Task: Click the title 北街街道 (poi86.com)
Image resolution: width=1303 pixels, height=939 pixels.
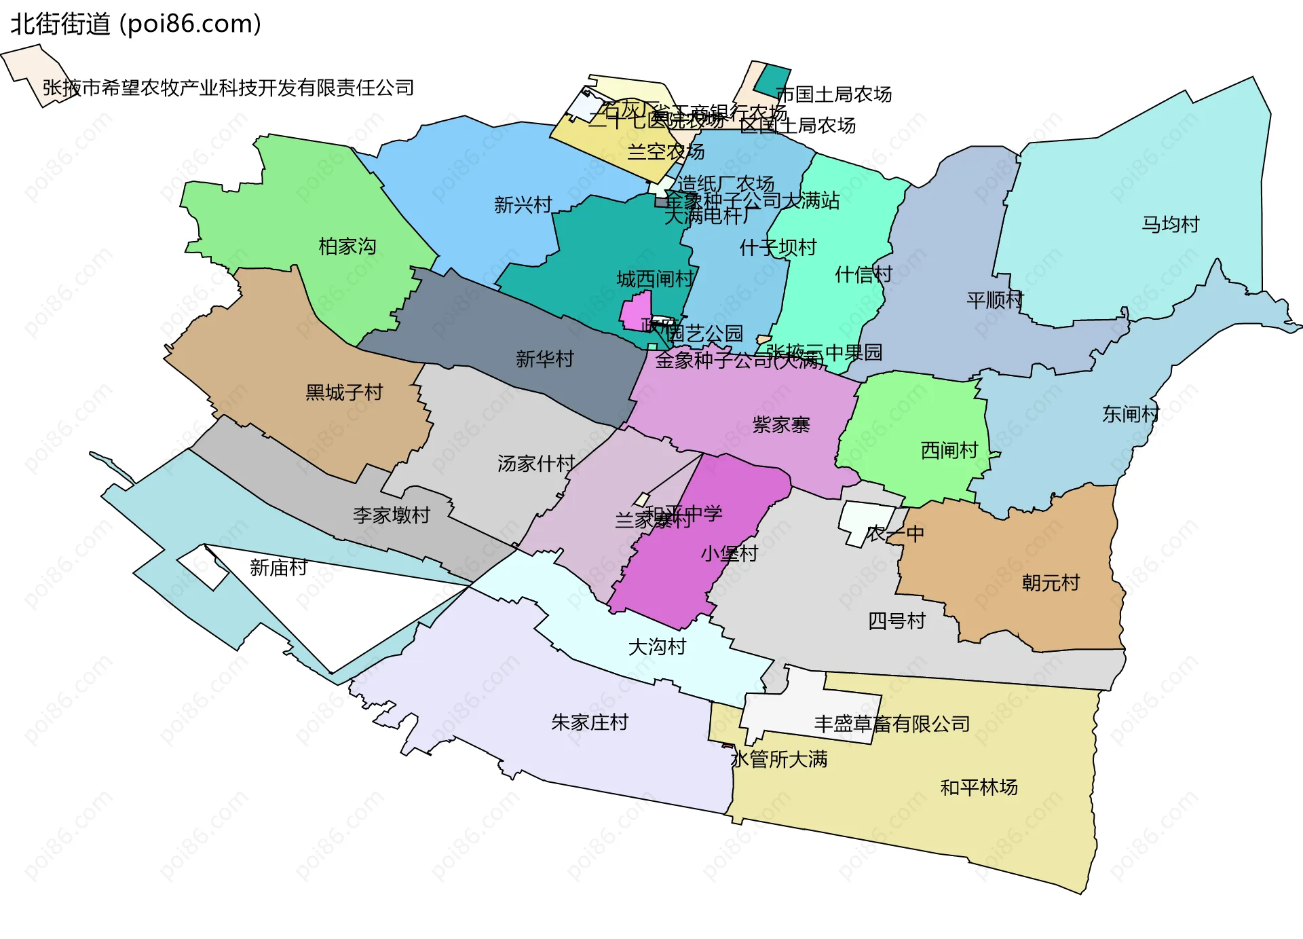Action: point(136,24)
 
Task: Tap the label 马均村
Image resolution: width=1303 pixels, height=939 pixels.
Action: point(1171,224)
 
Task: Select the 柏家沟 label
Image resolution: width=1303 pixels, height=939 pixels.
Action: point(347,246)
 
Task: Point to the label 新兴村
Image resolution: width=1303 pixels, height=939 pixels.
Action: point(523,204)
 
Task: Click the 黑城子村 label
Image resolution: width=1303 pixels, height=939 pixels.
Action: point(344,392)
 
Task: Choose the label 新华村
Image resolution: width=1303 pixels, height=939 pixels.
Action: point(544,358)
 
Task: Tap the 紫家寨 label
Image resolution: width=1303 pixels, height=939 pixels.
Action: point(781,425)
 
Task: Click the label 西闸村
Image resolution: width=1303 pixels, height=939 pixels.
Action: point(949,450)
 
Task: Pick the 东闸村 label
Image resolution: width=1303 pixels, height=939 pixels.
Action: point(1131,413)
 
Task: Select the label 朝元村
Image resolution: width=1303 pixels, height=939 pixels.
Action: point(1051,583)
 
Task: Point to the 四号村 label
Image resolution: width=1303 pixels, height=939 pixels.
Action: point(896,621)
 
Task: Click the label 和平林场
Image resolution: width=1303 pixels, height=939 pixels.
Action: point(979,787)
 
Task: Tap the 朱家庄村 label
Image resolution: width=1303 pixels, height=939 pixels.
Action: point(590,722)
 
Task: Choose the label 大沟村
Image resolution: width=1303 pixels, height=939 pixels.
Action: point(657,646)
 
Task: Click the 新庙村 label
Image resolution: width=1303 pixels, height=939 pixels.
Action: point(278,567)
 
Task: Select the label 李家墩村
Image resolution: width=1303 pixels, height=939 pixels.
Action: point(392,515)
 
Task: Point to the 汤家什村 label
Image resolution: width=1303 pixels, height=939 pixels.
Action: point(536,463)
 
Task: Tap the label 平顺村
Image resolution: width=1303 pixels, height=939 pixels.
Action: point(995,299)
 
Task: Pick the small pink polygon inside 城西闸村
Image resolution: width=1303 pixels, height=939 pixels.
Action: point(636,312)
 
